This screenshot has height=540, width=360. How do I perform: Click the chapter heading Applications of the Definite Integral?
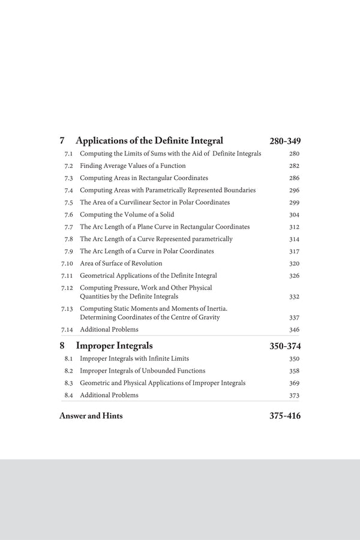149,141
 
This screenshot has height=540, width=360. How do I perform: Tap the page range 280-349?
285,142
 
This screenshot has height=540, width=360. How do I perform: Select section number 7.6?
68,215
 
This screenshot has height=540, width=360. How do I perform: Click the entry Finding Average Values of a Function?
133,166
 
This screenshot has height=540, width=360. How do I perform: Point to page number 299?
294,203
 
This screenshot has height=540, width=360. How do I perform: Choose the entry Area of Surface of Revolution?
121,263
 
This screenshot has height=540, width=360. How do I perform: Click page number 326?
294,276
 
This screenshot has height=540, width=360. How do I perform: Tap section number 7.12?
67,288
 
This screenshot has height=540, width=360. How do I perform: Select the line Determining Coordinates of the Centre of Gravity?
149,317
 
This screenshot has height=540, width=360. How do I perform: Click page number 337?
294,318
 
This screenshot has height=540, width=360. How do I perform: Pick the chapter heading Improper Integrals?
114,346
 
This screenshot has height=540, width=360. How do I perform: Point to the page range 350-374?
285,346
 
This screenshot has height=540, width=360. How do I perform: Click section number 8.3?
68,383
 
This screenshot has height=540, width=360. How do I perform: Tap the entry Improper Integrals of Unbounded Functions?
142,371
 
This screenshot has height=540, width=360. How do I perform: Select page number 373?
294,395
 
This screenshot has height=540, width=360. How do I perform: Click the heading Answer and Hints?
91,416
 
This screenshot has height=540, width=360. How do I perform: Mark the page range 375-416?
285,416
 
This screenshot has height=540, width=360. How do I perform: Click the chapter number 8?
62,346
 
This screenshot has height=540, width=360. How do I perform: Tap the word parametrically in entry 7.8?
211,239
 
